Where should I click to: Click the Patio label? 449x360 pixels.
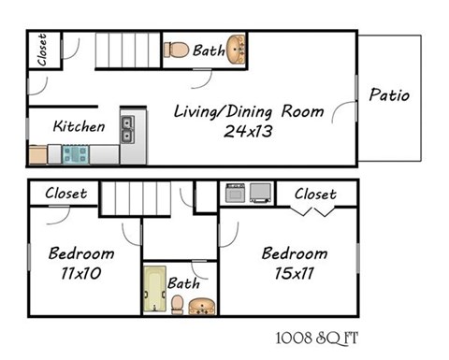389,94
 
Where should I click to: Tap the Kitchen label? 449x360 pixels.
79,126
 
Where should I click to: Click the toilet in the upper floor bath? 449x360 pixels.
176,49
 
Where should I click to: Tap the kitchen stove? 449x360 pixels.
74,153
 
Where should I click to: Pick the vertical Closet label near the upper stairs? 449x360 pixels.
42,50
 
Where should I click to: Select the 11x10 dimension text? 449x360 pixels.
76,274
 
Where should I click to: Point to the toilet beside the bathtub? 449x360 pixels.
177,304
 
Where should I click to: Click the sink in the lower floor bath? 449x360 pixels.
202,305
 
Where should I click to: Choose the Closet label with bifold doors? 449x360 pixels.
315,194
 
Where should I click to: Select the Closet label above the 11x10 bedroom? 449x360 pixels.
66,194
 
